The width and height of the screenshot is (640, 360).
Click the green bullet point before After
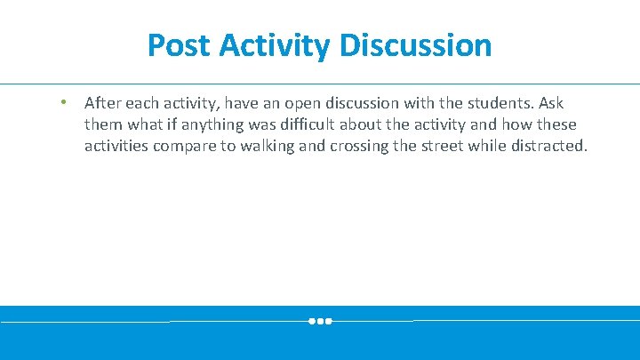point(63,103)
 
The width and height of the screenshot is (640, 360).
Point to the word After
point(103,103)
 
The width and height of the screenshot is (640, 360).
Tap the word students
point(497,103)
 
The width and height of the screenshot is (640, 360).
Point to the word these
point(555,124)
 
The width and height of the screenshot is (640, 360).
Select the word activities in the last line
point(116,146)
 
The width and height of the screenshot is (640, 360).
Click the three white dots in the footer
point(320,321)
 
